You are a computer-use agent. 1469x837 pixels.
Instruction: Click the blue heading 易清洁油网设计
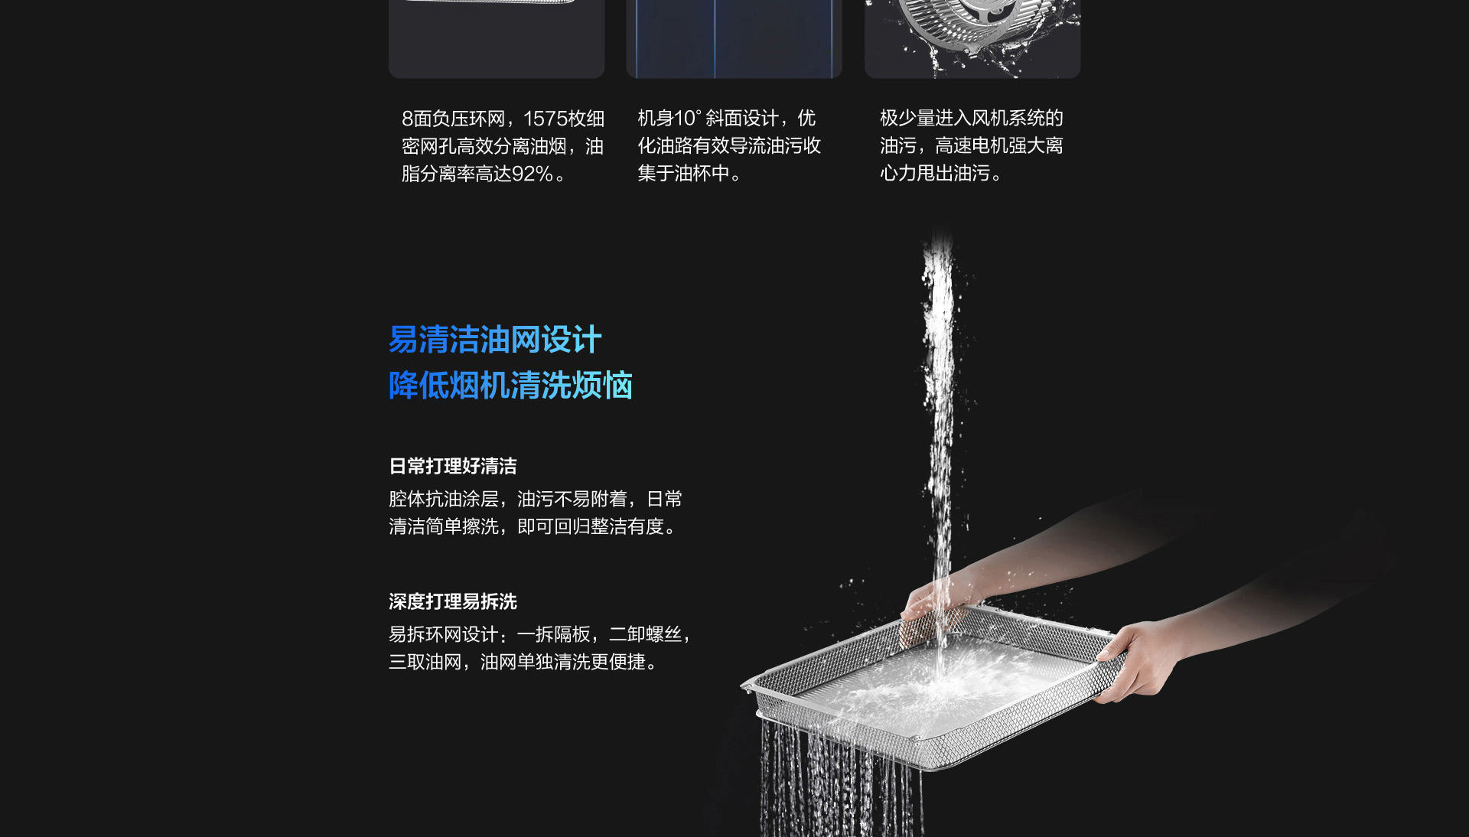[495, 340]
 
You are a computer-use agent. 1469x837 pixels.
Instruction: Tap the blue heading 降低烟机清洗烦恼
[510, 385]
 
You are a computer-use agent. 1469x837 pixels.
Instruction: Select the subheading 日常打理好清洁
[453, 466]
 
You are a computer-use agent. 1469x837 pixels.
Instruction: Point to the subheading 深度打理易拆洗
[453, 601]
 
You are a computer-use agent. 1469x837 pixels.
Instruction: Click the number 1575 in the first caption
[545, 119]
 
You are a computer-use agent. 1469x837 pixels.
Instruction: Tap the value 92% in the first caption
[533, 174]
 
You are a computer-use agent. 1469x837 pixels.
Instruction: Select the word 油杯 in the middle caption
[692, 173]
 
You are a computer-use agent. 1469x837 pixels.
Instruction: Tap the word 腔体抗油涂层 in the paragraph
[444, 499]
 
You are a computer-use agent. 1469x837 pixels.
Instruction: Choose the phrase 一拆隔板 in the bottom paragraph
[553, 634]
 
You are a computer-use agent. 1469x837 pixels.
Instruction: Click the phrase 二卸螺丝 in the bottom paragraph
[645, 634]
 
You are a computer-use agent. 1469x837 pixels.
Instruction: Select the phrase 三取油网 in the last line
[425, 662]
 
